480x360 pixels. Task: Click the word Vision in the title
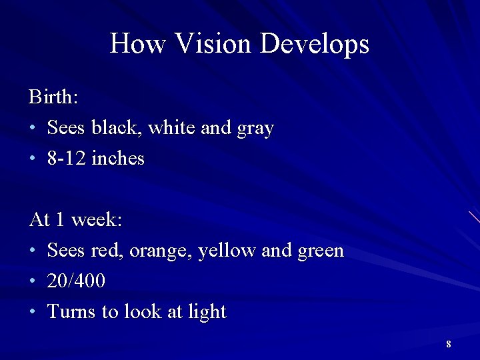(x=213, y=44)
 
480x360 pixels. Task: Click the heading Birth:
(x=53, y=97)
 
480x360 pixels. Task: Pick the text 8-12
(x=67, y=159)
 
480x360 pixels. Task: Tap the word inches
(x=118, y=159)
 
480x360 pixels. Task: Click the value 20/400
(x=76, y=281)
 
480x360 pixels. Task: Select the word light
(x=207, y=313)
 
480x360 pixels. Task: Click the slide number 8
(x=449, y=344)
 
